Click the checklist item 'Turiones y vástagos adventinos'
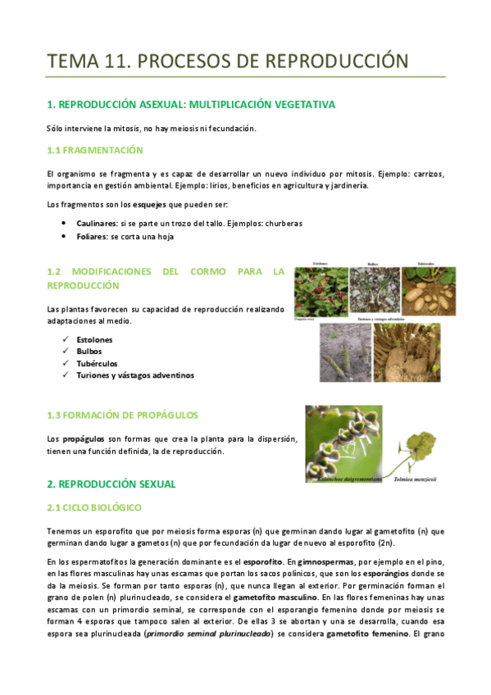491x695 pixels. pyautogui.click(x=135, y=375)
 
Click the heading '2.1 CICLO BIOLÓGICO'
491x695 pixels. pyautogui.click(x=95, y=508)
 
